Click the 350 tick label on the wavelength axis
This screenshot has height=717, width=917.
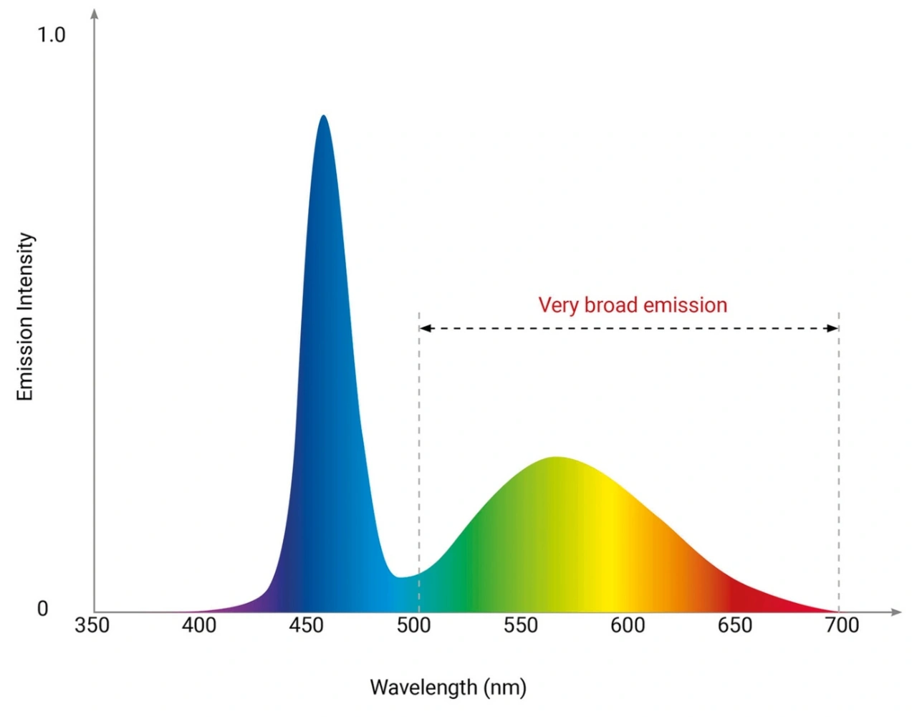pos(92,625)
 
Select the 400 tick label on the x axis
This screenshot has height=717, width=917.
pos(199,625)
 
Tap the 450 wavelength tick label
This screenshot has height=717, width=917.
pos(307,625)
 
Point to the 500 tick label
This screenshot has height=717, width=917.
pos(413,625)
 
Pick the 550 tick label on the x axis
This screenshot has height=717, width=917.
pos(520,625)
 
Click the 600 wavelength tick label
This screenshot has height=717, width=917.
pos(628,625)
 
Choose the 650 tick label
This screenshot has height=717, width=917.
pos(735,625)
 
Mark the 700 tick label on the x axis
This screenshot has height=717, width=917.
pos(842,625)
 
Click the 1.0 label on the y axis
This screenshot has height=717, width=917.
pos(51,34)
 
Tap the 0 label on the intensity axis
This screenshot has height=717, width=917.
pos(42,609)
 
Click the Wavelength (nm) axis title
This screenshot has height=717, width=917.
pos(448,688)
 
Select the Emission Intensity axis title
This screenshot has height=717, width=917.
pos(26,317)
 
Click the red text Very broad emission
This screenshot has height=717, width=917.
pos(633,305)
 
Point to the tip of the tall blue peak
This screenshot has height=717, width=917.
pos(324,116)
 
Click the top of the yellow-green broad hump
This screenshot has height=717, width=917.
pos(556,458)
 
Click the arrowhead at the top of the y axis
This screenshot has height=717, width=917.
pos(94,14)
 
